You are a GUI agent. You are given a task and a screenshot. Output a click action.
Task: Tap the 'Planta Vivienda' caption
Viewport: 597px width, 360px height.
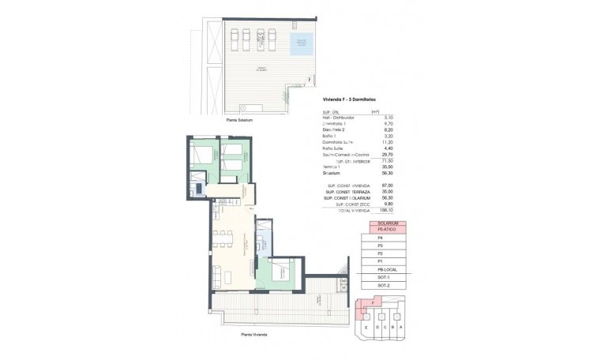point(257,334)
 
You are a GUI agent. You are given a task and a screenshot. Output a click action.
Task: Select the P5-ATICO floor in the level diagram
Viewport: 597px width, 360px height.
point(386,229)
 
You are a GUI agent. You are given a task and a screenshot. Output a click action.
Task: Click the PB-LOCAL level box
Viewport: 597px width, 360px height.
point(386,269)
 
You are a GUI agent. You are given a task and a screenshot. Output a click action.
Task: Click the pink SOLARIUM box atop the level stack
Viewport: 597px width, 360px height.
point(386,222)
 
